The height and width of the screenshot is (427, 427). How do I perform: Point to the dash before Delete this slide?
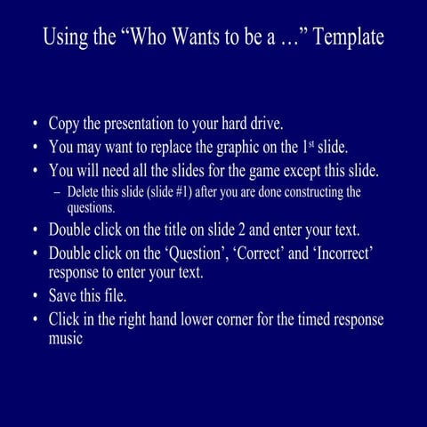pyautogui.click(x=58, y=192)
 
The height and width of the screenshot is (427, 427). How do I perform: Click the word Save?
pyautogui.click(x=64, y=296)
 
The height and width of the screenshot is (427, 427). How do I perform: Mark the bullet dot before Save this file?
pyautogui.click(x=35, y=296)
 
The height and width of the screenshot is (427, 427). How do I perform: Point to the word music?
pyautogui.click(x=66, y=339)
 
